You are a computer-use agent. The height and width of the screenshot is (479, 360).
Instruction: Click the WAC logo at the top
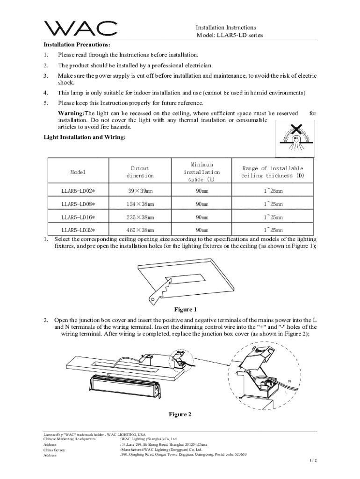pyautogui.click(x=80, y=29)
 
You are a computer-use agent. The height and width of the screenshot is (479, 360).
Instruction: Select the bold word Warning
pyautogui.click(x=70, y=113)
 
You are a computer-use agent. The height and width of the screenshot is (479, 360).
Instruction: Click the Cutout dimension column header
pyautogui.click(x=139, y=172)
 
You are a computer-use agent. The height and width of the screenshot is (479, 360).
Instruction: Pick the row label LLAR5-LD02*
pyautogui.click(x=79, y=191)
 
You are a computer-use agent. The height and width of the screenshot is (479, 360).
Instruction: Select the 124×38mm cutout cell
pyautogui.click(x=139, y=204)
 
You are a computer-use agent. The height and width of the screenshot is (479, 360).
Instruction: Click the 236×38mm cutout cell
pyautogui.click(x=139, y=217)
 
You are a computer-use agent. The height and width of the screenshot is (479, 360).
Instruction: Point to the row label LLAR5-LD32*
pyautogui.click(x=79, y=230)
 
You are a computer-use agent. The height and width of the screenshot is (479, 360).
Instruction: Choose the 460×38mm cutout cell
pyautogui.click(x=139, y=230)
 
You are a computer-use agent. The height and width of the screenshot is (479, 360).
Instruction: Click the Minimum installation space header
pyautogui.click(x=202, y=172)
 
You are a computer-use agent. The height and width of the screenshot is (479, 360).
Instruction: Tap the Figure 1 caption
pyautogui.click(x=186, y=309)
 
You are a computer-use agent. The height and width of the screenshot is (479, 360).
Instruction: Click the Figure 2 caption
pyautogui.click(x=180, y=414)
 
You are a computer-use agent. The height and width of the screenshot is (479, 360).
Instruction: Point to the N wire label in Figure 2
pyautogui.click(x=289, y=381)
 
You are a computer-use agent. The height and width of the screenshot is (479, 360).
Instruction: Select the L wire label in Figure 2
pyautogui.click(x=286, y=392)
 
